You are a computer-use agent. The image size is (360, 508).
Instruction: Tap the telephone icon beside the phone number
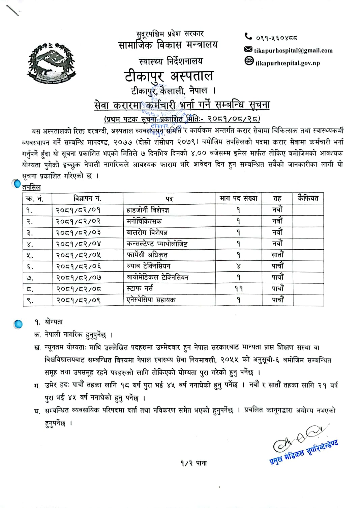248,36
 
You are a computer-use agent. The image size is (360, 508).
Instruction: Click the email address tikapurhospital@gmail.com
293,51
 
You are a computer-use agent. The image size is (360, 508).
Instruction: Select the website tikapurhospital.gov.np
288,63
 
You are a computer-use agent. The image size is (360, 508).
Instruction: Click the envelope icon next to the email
248,50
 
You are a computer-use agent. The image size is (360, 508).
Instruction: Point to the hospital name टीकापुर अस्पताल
169,76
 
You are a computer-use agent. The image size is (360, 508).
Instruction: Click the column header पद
169,199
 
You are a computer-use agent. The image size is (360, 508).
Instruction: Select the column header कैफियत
308,198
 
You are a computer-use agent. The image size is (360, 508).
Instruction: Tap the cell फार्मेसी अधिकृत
147,255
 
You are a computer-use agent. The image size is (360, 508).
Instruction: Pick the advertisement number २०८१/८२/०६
79,266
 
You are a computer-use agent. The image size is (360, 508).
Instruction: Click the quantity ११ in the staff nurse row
238,289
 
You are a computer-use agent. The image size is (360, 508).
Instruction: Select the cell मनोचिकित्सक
144,221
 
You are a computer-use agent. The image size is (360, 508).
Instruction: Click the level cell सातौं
277,255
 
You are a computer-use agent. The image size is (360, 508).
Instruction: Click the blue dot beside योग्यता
19,324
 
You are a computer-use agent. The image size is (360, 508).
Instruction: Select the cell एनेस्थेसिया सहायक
151,300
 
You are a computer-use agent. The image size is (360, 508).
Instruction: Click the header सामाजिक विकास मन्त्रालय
168,45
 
